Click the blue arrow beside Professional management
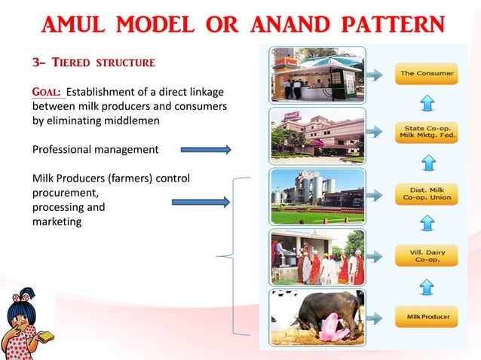click(204, 150)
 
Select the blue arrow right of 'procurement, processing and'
click(200, 202)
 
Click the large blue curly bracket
click(234, 256)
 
